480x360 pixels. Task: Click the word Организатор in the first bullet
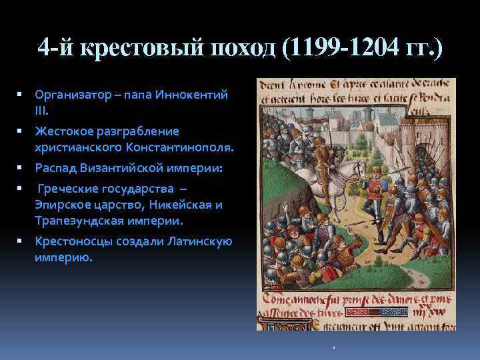71,95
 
